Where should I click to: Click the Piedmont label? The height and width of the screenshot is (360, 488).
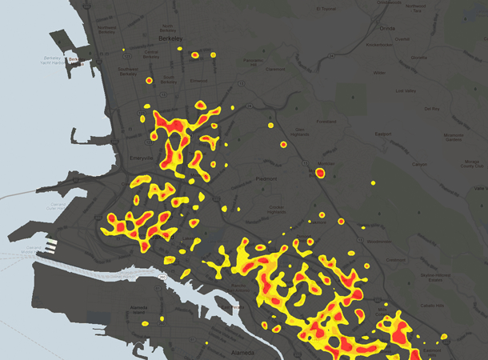point(266,178)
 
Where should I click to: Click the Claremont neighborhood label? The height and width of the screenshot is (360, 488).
point(275,69)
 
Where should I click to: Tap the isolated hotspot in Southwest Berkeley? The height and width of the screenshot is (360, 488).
point(149,81)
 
